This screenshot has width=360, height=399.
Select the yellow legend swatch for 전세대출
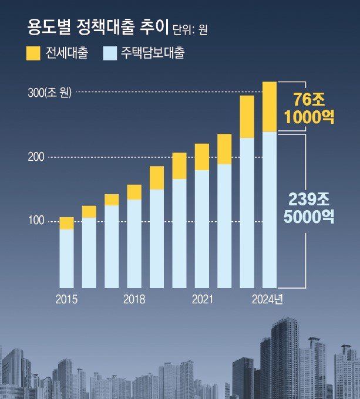(33, 53)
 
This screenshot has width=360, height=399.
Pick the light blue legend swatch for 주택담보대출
(110, 53)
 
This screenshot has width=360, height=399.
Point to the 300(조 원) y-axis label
(49, 92)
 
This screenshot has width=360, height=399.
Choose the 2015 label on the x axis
(66, 299)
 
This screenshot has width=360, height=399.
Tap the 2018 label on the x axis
(134, 299)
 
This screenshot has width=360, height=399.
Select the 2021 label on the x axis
(202, 299)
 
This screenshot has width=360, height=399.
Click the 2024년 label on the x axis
(267, 299)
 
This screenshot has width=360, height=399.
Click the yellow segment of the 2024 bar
(269, 107)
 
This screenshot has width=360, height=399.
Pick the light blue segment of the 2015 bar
(67, 258)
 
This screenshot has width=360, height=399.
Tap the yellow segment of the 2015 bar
(67, 223)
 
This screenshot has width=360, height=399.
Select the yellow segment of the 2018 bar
(134, 192)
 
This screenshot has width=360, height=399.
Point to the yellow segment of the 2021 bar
(202, 157)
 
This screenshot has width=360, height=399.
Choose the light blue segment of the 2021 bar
(202, 229)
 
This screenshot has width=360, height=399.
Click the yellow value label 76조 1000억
(309, 107)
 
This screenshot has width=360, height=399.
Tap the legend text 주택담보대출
(153, 53)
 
